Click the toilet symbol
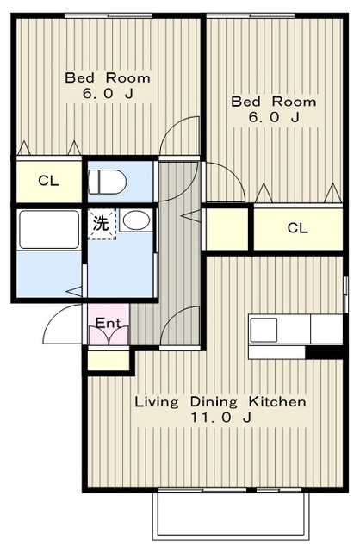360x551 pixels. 107,182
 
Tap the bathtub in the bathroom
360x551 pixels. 49,230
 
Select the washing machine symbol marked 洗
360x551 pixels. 102,224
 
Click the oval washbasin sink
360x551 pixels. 136,220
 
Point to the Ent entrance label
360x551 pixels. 109,322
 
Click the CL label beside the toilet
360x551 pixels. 48,181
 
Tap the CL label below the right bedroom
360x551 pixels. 297,228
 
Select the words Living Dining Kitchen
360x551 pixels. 220,402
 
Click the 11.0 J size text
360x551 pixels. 220,418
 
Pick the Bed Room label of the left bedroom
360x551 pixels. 108,77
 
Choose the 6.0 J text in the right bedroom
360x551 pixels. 274,117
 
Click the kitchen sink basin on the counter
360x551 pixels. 264,330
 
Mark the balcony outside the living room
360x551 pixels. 230,515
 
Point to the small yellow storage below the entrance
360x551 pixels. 109,360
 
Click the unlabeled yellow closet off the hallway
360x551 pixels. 227,229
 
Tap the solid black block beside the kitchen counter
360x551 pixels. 324,352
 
